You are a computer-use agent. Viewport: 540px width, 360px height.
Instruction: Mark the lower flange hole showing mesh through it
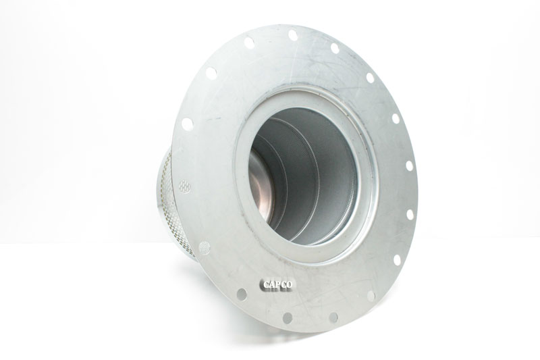[204, 248]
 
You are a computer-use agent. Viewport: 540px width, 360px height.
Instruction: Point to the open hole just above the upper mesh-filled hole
[187, 124]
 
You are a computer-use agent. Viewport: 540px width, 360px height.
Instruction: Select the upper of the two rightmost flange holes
[409, 165]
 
